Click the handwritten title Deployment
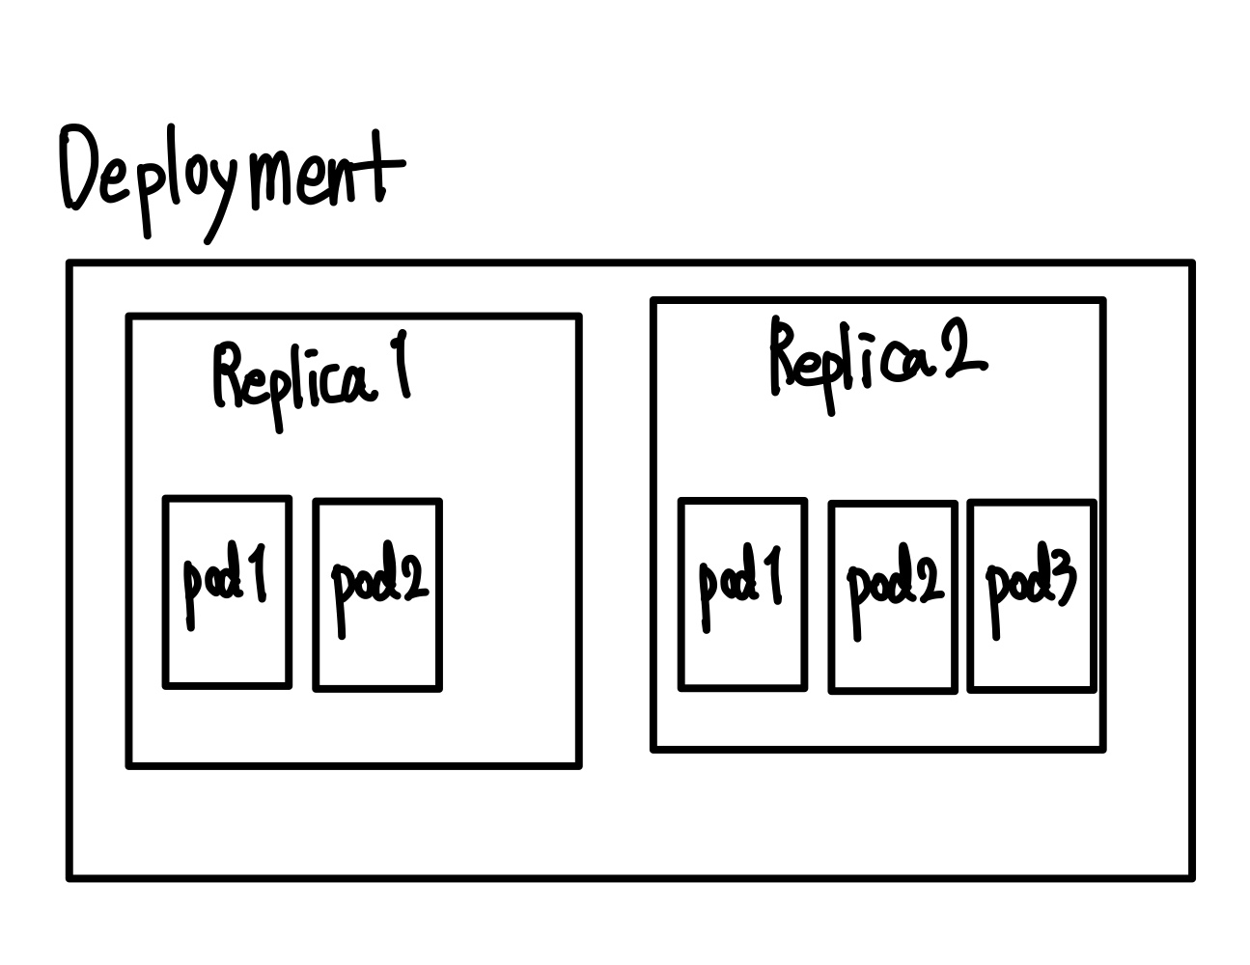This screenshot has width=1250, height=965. point(232,179)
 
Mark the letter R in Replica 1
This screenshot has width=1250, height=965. point(230,376)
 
